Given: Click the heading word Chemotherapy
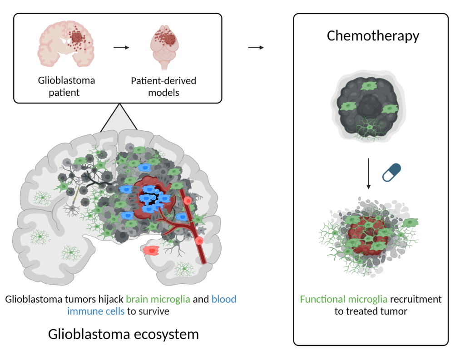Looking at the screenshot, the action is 373,36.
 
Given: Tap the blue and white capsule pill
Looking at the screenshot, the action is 391,173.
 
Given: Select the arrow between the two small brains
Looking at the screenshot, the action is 121,48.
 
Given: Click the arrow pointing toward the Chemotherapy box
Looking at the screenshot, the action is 256,48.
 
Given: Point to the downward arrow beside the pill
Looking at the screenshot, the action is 369,173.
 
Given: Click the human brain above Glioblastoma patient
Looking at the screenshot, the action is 66,44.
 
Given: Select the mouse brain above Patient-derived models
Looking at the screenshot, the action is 164,47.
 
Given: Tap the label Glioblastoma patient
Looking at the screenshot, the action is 66,86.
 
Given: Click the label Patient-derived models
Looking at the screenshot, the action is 163,86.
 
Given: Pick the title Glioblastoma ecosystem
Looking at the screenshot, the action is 124,334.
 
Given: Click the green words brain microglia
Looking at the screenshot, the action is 158,299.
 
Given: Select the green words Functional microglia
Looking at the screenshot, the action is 343,299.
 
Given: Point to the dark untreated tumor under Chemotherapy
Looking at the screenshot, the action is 368,107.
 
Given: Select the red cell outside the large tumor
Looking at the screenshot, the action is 151,251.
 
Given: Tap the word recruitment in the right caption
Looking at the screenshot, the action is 416,299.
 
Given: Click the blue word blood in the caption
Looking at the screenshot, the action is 224,299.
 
